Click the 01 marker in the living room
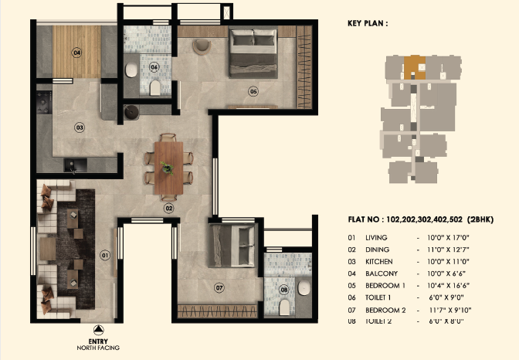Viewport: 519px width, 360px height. coord(105,255)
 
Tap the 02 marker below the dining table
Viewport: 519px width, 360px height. coord(168,208)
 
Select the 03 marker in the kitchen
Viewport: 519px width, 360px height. coord(79,127)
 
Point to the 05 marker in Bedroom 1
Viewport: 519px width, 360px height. coord(253,90)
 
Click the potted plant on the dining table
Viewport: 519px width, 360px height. coord(166,165)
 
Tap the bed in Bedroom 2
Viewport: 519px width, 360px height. coord(231,246)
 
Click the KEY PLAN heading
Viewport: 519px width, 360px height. coord(363,24)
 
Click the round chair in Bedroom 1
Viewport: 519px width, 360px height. coord(201,46)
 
